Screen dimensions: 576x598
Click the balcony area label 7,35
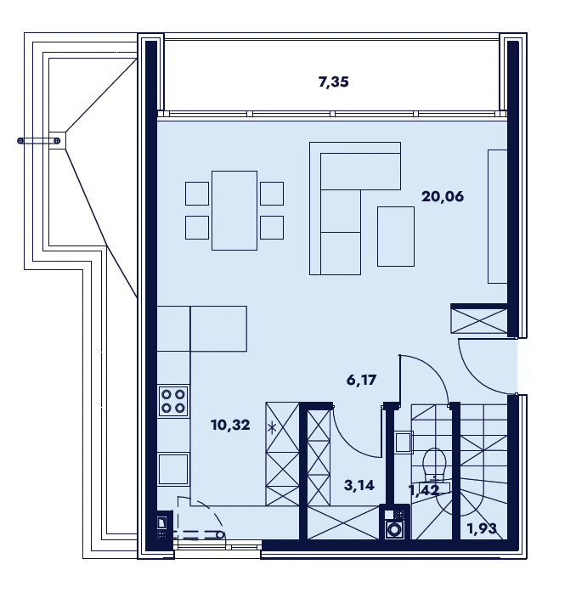(333, 82)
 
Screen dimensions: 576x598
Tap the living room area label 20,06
(443, 196)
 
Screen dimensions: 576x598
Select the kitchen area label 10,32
(230, 425)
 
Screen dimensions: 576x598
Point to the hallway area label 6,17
(361, 380)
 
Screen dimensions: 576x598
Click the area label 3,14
(359, 485)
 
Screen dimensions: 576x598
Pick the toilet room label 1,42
(424, 489)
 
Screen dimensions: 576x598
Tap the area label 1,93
(482, 528)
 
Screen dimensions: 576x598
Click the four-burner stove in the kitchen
(173, 401)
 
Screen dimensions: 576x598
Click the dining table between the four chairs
(234, 211)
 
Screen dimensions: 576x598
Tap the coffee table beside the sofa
(396, 236)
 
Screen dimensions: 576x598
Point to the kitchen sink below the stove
(173, 469)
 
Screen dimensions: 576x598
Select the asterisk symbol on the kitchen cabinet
(272, 428)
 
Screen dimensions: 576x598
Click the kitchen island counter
(218, 329)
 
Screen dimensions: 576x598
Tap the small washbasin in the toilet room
(404, 443)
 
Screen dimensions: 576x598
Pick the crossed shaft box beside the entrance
(479, 320)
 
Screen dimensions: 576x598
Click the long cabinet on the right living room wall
(498, 217)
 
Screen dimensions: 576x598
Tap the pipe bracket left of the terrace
(39, 141)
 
